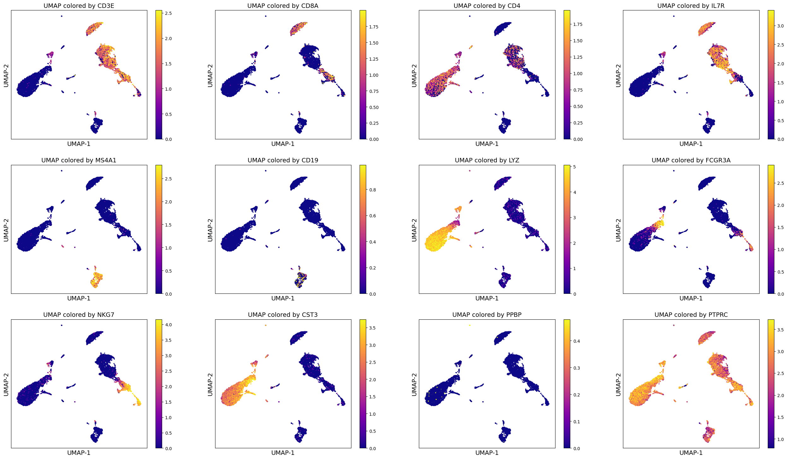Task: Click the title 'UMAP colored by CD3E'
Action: pyautogui.click(x=79, y=6)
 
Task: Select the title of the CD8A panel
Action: pyautogui.click(x=283, y=6)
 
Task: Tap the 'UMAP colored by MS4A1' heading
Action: pyautogui.click(x=79, y=160)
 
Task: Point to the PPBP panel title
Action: pyautogui.click(x=487, y=315)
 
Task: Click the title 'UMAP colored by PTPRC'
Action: pyautogui.click(x=691, y=315)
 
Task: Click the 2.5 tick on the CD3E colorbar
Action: pyautogui.click(x=168, y=13)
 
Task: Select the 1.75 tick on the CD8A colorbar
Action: pyautogui.click(x=374, y=27)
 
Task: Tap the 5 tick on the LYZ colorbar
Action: pyautogui.click(x=574, y=167)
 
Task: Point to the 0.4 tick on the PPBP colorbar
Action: pyautogui.click(x=577, y=341)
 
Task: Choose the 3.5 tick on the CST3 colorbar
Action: pyautogui.click(x=372, y=328)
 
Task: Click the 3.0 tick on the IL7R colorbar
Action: pyautogui.click(x=780, y=26)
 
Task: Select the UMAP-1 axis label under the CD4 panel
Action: pyautogui.click(x=487, y=144)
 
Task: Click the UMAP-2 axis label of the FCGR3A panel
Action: pyautogui.click(x=618, y=230)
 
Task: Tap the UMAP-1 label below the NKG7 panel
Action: pyautogui.click(x=79, y=453)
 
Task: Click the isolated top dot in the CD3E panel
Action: pyautogui.click(x=62, y=16)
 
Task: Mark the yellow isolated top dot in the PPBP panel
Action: pyautogui.click(x=470, y=325)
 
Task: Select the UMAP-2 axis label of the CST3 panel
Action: pyautogui.click(x=210, y=384)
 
